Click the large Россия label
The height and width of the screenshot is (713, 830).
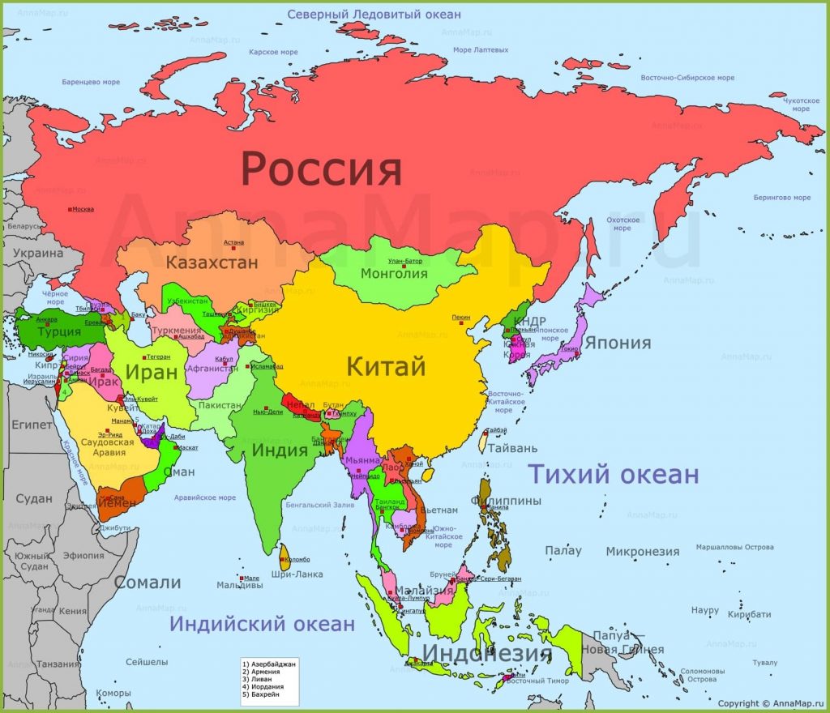pyautogui.click(x=322, y=170)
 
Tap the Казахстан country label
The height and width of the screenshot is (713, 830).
pyautogui.click(x=212, y=263)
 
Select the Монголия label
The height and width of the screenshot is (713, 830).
pyautogui.click(x=394, y=273)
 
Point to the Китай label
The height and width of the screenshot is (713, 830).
pyautogui.click(x=386, y=366)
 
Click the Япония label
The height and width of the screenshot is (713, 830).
pyautogui.click(x=618, y=343)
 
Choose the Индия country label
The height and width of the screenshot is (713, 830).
pyautogui.click(x=280, y=450)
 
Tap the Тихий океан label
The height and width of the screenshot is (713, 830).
pyautogui.click(x=614, y=474)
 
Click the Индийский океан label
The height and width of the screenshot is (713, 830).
pyautogui.click(x=262, y=624)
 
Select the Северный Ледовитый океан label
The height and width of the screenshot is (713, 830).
pyautogui.click(x=374, y=15)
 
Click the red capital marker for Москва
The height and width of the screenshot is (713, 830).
pyautogui.click(x=70, y=209)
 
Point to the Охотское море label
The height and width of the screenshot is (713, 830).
pyautogui.click(x=622, y=224)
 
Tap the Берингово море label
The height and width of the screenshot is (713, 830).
pyautogui.click(x=781, y=198)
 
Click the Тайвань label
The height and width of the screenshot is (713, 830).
pyautogui.click(x=512, y=447)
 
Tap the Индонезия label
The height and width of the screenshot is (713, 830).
pyautogui.click(x=487, y=653)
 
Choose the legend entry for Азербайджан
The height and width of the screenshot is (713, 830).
pyautogui.click(x=269, y=664)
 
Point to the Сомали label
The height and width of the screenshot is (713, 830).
pyautogui.click(x=147, y=583)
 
